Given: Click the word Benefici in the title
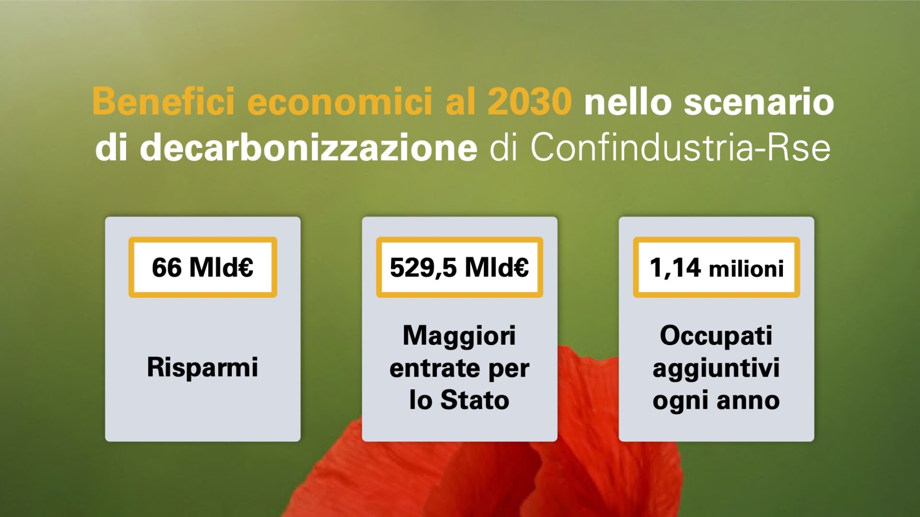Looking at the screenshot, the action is (x=163, y=101).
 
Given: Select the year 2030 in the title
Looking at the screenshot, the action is (x=529, y=101).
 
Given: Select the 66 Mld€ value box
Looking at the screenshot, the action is (x=203, y=267).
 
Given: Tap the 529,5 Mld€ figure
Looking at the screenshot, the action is (x=459, y=267).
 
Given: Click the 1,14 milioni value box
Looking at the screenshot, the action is (x=716, y=267).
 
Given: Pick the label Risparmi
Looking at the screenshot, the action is (x=202, y=368).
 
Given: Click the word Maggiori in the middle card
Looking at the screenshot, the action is (x=459, y=336).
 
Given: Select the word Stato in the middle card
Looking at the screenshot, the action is (x=475, y=400).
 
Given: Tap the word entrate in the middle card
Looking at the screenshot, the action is (x=432, y=369).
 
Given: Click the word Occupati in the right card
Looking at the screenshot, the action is (x=716, y=336).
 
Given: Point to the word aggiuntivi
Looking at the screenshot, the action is (x=716, y=369).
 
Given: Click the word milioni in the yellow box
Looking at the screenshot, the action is (x=746, y=269).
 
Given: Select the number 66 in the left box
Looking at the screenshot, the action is (x=167, y=267).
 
